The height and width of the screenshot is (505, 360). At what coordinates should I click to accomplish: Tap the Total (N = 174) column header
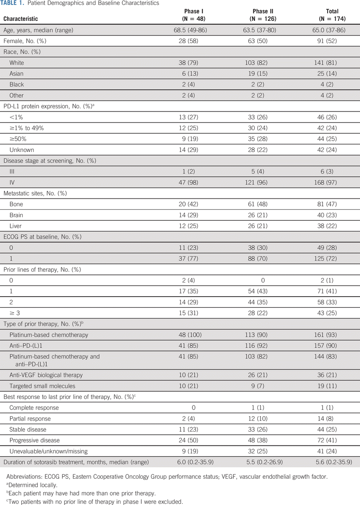click(332, 15)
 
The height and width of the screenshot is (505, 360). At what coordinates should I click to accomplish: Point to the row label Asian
click(16, 74)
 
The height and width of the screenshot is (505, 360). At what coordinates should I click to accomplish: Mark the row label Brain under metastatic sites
click(16, 215)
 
